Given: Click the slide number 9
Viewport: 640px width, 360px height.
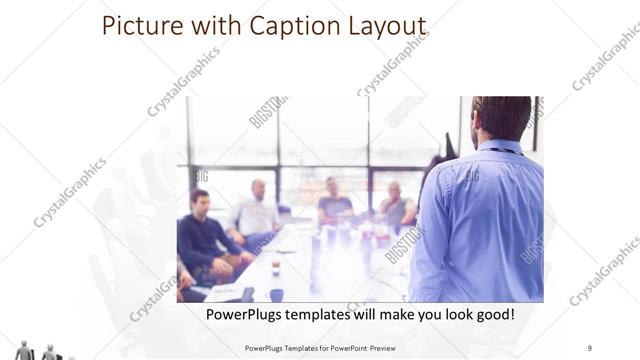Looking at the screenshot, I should [x=590, y=347].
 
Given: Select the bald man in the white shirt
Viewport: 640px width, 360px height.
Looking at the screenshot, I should [x=257, y=210].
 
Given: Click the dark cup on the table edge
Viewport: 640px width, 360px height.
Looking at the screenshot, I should [x=276, y=294].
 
